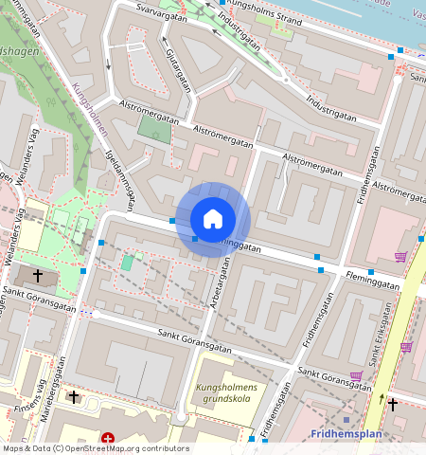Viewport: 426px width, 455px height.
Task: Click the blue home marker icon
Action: pyautogui.click(x=213, y=219)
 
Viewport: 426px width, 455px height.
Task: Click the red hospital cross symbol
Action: pyautogui.click(x=108, y=439)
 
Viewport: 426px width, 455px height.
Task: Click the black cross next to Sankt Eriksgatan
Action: pyautogui.click(x=393, y=404)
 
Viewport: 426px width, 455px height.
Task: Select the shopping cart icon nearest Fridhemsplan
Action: pyautogui.click(x=356, y=376)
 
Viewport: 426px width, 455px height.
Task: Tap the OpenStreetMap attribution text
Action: pyautogui.click(x=95, y=448)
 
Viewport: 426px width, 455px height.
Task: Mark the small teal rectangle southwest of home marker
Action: pyautogui.click(x=127, y=262)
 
